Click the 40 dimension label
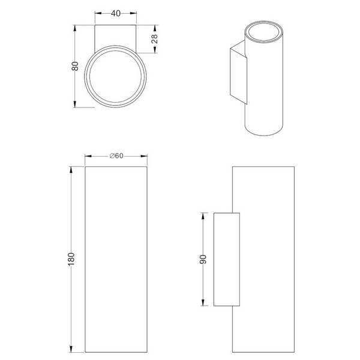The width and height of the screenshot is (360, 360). click(115, 13)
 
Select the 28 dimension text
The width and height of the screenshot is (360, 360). click(155, 39)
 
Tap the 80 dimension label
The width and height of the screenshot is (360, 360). click(75, 66)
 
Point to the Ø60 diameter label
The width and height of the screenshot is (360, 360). click(116, 156)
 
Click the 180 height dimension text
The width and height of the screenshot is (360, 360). click(71, 259)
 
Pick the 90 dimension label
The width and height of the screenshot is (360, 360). click(203, 259)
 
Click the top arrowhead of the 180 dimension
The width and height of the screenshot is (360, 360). click(71, 170)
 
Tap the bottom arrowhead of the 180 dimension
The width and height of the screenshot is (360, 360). click(71, 349)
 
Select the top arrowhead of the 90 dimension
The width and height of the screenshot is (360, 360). click(203, 216)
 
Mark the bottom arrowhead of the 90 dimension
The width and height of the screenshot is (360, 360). click(203, 302)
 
